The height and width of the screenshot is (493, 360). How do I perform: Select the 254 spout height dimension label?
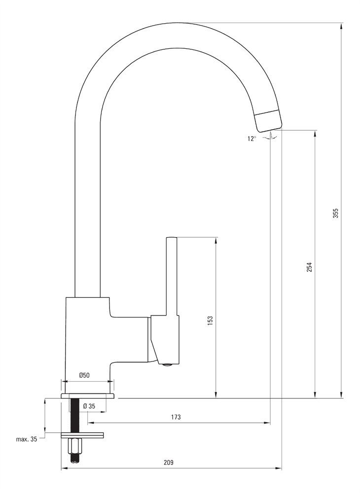tap(309, 267)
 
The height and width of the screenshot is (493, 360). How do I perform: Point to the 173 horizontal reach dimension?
tap(176, 417)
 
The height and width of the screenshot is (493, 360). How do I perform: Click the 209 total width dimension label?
tap(169, 462)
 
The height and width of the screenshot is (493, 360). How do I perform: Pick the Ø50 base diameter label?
tap(84, 375)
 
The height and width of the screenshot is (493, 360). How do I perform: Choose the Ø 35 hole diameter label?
tap(89, 406)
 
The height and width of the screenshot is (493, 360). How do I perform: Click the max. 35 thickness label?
tap(27, 439)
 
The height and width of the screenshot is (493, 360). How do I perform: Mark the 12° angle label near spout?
tap(252, 139)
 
